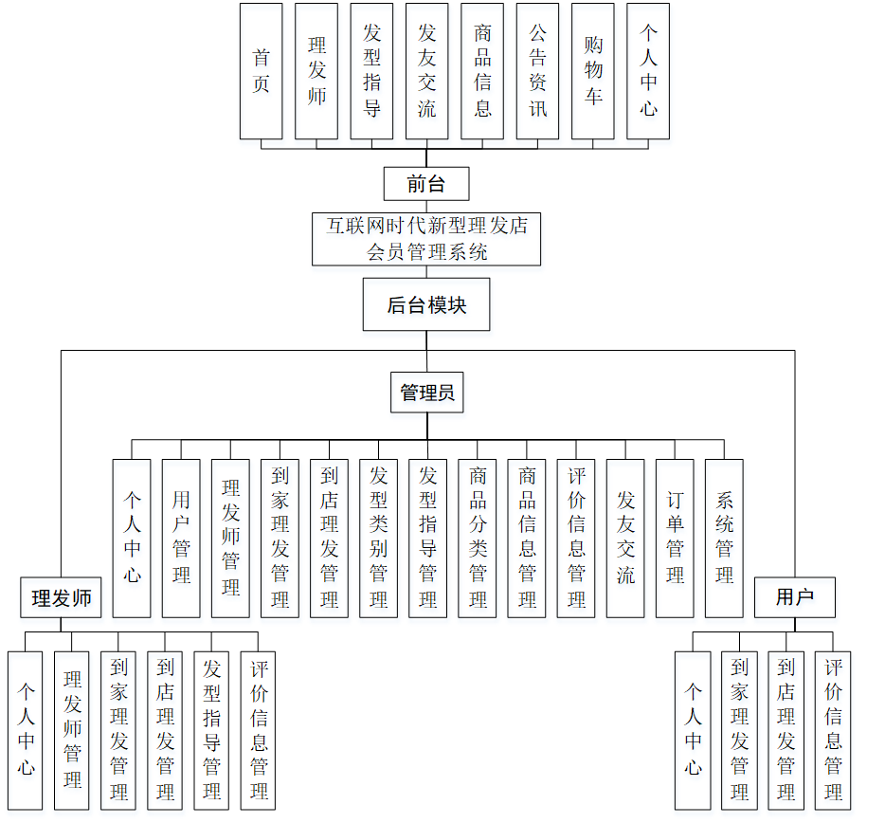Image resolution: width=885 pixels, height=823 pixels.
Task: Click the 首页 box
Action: [x=261, y=70]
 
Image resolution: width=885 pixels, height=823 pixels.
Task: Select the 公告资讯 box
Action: [x=537, y=70]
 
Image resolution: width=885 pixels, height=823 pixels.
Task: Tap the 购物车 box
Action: [x=593, y=70]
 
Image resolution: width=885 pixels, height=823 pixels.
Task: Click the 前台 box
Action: [x=426, y=184]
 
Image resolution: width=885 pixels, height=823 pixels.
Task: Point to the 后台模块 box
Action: [x=426, y=304]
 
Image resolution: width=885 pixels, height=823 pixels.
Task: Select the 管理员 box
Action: [x=427, y=392]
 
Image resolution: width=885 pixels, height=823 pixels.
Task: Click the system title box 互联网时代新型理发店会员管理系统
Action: [x=426, y=238]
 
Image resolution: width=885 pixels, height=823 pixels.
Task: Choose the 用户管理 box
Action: [x=181, y=538]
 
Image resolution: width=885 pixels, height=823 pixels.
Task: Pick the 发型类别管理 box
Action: [x=378, y=538]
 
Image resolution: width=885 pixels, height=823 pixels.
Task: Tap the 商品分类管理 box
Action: [x=478, y=538]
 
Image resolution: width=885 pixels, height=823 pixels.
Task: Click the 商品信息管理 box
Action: [x=527, y=538]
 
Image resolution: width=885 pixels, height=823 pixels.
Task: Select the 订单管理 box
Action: [x=675, y=538]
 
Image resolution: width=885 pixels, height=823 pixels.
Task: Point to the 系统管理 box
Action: [x=724, y=538]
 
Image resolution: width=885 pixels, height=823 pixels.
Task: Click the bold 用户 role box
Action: [x=794, y=597]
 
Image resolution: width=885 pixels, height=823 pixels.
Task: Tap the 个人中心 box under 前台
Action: [x=648, y=70]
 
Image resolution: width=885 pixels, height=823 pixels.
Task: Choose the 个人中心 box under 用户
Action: [x=693, y=730]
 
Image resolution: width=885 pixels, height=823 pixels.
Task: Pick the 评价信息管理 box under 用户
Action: [x=834, y=730]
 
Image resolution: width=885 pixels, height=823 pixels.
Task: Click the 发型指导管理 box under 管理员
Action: [x=427, y=538]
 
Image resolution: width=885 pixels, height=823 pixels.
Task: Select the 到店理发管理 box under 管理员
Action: [x=329, y=538]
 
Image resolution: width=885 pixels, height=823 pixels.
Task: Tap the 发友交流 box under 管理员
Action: [x=625, y=538]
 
